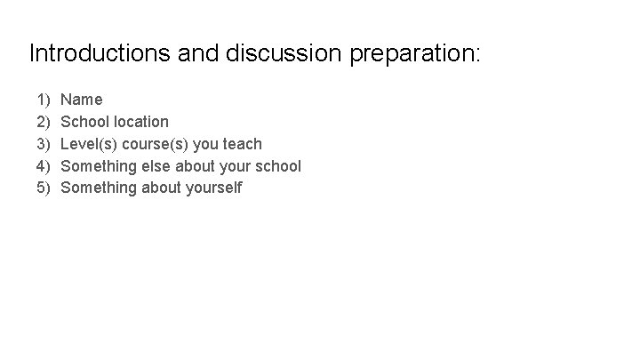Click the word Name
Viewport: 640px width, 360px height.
click(x=82, y=100)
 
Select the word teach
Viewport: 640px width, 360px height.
click(x=242, y=144)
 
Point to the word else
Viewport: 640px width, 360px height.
click(x=159, y=166)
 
